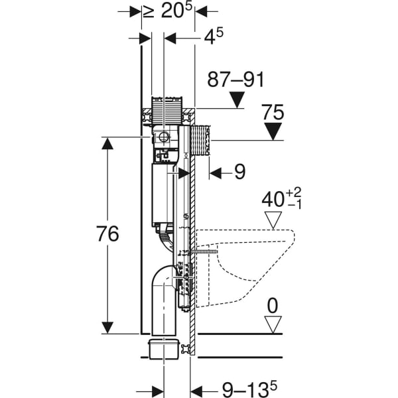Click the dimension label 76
[x=107, y=233]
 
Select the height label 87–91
[x=235, y=80]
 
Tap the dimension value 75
[x=273, y=112]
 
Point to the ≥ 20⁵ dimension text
[x=167, y=11]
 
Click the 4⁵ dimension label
[x=214, y=36]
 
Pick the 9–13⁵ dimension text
[x=249, y=389]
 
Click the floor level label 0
[x=273, y=306]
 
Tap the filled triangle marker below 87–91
[x=237, y=100]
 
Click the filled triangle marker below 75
[x=273, y=131]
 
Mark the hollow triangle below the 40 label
[x=273, y=220]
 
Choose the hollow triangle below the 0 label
[x=273, y=324]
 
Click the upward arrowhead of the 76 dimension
[x=107, y=143]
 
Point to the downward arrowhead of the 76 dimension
[x=107, y=328]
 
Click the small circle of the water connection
[x=164, y=137]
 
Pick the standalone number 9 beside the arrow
[x=239, y=172]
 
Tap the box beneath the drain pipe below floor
[x=164, y=350]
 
